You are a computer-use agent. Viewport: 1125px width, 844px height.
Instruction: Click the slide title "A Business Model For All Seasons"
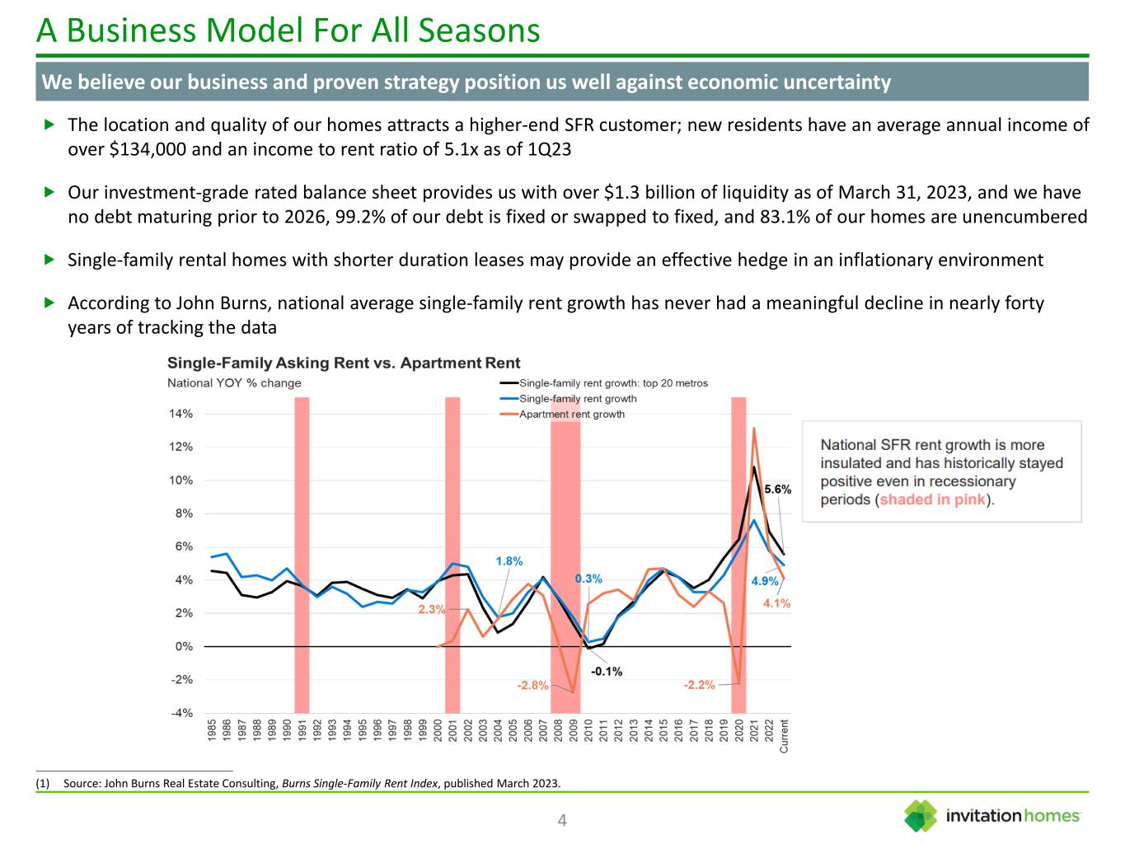[x=288, y=30]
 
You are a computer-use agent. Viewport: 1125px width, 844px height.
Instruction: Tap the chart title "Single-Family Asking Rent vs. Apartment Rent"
[x=344, y=363]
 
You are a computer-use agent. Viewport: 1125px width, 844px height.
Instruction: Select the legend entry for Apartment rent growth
[x=571, y=415]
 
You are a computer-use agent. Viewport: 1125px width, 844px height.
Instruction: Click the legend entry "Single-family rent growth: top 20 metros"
[x=613, y=383]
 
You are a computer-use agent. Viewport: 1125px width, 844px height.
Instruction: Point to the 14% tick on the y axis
[x=182, y=415]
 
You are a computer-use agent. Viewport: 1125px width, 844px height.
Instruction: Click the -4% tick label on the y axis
[x=182, y=713]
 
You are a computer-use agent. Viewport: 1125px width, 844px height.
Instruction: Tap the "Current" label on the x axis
[x=784, y=735]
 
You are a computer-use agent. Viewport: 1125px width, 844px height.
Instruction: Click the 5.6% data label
[x=777, y=489]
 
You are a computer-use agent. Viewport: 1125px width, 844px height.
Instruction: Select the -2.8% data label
[x=532, y=685]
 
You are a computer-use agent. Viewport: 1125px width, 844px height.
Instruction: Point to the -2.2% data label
[x=699, y=685]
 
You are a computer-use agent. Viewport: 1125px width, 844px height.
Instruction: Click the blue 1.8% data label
[x=509, y=561]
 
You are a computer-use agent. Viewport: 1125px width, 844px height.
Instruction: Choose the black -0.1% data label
[x=607, y=672]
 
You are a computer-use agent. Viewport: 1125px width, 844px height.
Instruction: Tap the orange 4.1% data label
[x=776, y=603]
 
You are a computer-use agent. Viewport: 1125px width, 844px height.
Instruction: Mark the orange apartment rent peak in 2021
[x=753, y=429]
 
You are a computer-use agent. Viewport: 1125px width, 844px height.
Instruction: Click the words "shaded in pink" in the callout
[x=932, y=499]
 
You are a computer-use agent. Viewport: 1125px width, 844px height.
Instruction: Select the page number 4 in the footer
[x=562, y=820]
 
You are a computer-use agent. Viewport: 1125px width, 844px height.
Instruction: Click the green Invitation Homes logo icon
[x=920, y=816]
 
